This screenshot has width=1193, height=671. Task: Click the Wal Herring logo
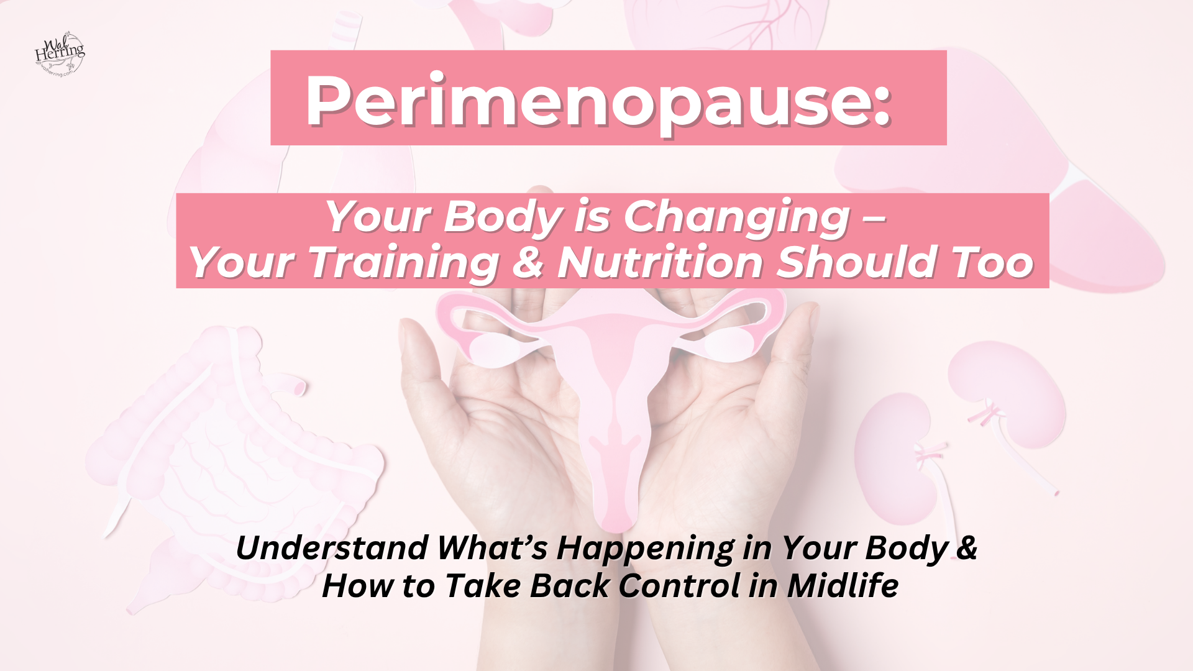coord(60,54)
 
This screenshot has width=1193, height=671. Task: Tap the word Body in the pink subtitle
coord(502,217)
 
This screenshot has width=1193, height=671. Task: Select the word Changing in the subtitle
coord(736,217)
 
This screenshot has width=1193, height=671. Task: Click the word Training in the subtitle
coord(404,262)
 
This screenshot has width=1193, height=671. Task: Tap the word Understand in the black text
coord(332,548)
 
